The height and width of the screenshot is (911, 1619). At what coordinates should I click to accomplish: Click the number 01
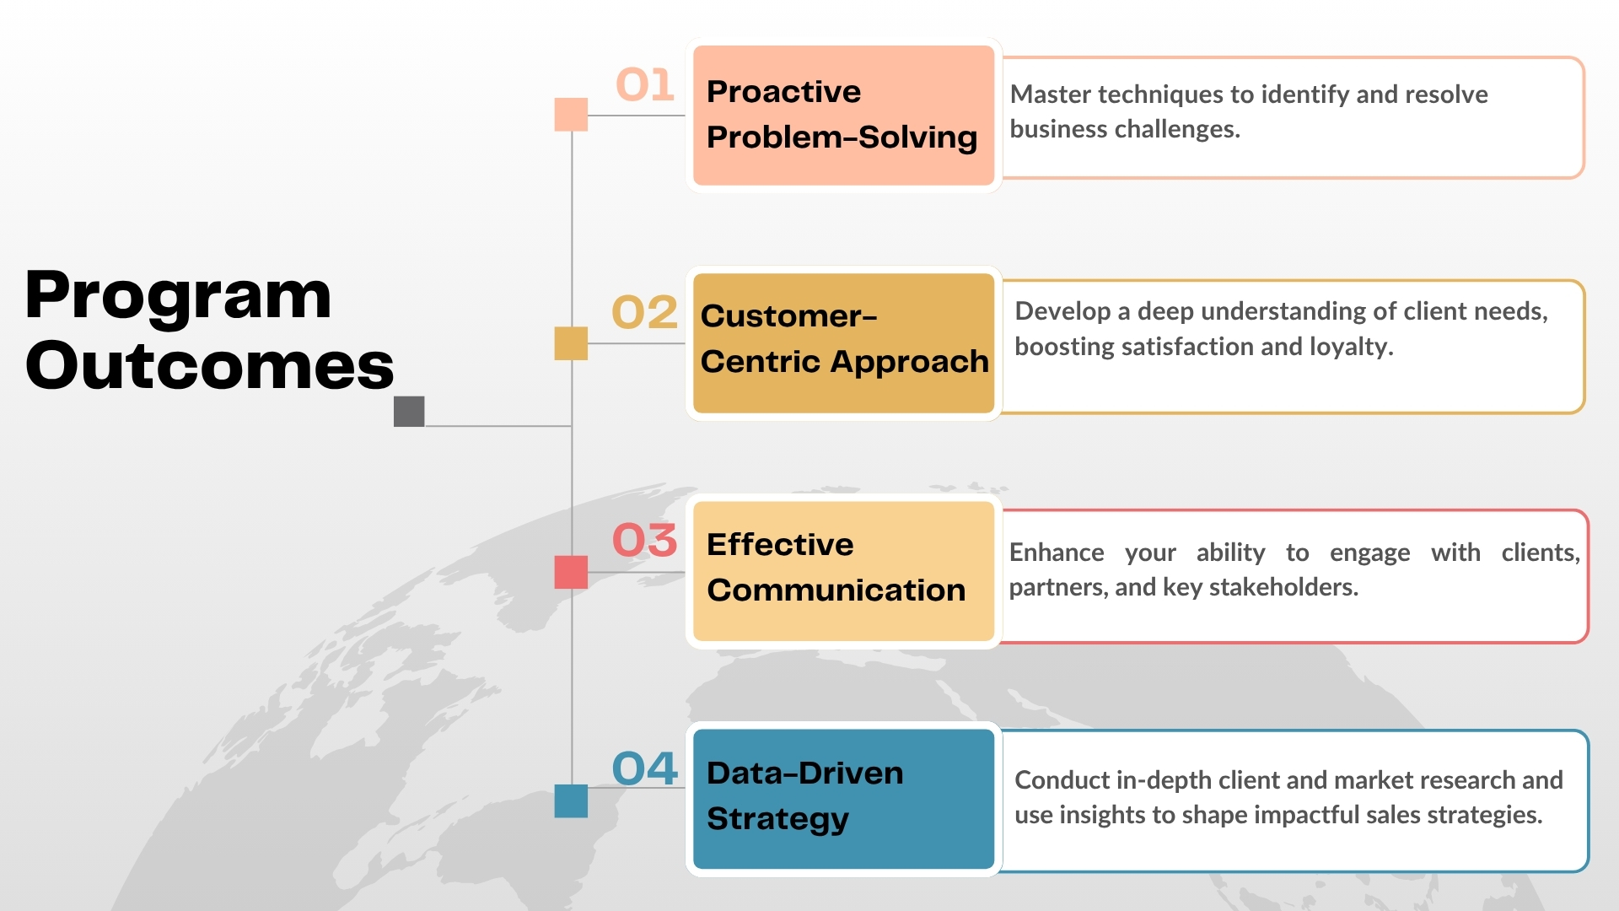tap(645, 84)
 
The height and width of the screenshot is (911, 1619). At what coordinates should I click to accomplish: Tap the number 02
tap(645, 312)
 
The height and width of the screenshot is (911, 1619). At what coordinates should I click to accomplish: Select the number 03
tap(645, 540)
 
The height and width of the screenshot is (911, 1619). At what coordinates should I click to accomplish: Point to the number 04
tap(645, 768)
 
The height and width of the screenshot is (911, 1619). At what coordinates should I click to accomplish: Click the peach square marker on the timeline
tap(571, 115)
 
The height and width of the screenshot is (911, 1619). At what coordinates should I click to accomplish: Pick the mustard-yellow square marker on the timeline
tap(571, 343)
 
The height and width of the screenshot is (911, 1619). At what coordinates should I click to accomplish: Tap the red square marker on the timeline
tap(571, 572)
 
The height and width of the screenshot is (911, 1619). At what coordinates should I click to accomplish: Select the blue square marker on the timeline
tap(571, 800)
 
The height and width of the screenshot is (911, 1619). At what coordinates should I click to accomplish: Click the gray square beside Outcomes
tap(409, 412)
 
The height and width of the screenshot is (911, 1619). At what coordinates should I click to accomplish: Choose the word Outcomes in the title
tap(210, 366)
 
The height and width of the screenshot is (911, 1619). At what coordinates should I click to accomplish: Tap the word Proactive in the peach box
tap(784, 91)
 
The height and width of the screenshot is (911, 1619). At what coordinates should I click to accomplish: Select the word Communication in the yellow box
tap(836, 590)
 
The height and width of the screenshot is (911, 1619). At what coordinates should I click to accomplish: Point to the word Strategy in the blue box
tap(778, 820)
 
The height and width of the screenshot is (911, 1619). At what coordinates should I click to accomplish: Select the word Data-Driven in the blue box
tap(805, 773)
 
